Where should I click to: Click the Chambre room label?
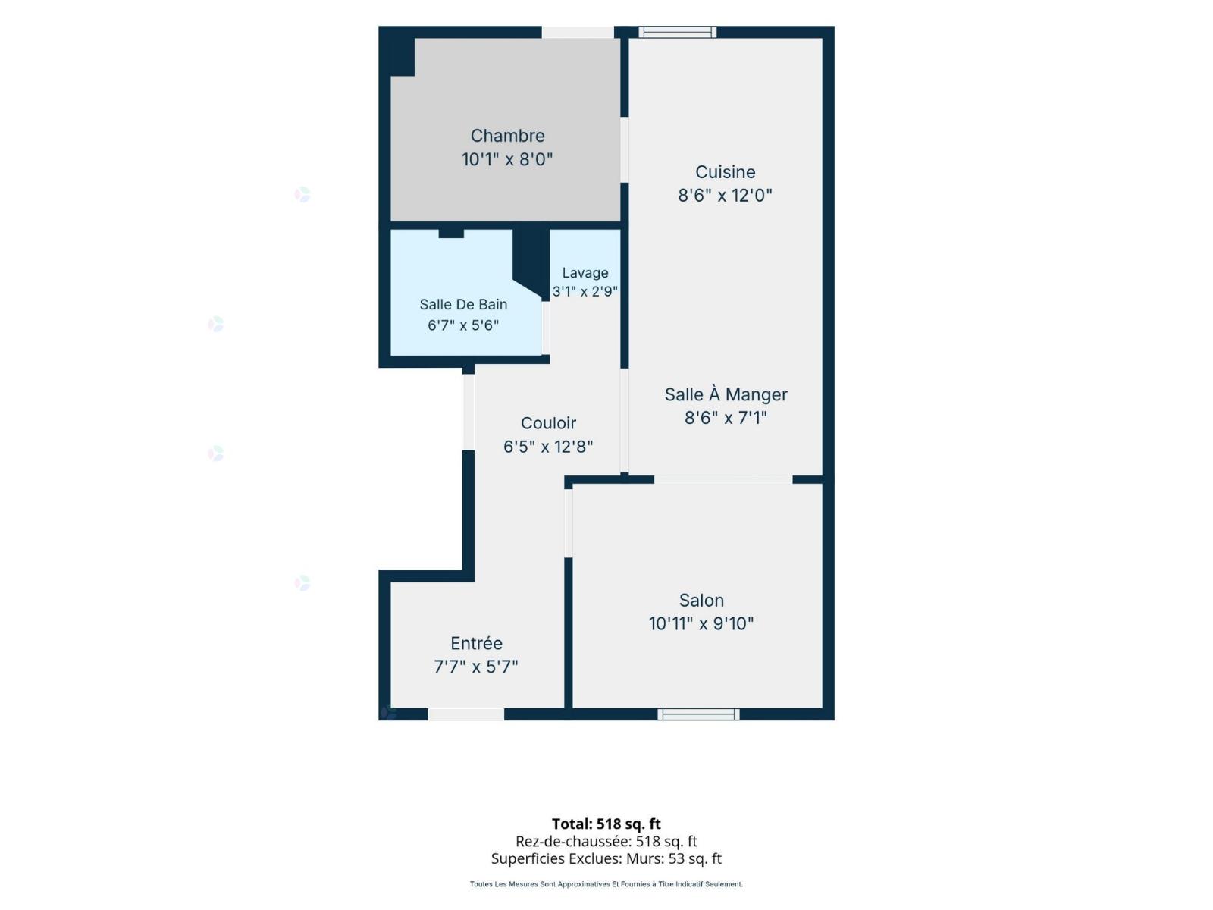506,136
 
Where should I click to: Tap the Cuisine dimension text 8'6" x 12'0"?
725,195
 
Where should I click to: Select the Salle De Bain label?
462,304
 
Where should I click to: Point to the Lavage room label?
585,273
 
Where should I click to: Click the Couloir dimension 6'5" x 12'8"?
547,447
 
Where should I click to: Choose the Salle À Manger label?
725,394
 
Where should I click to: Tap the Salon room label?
701,600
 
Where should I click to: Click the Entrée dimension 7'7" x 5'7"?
475,667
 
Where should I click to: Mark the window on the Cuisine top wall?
677,32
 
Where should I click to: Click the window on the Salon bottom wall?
697,714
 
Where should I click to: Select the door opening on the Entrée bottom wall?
465,714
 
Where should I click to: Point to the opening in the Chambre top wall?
577,32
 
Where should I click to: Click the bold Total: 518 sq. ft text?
606,824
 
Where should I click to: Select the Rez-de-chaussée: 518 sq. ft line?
606,842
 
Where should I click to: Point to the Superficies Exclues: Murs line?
606,858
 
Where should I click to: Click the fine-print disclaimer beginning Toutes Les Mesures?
606,884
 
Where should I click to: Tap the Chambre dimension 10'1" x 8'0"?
506,160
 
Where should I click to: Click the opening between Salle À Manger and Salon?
722,479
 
